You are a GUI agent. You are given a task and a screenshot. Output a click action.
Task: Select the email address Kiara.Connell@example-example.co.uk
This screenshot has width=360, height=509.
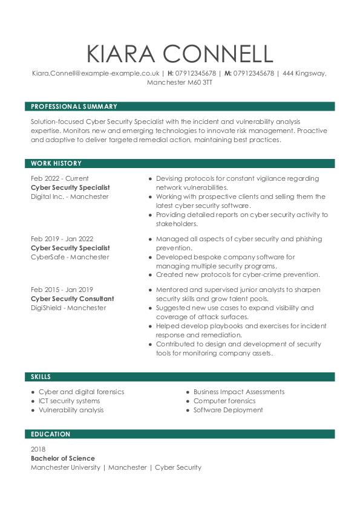96,73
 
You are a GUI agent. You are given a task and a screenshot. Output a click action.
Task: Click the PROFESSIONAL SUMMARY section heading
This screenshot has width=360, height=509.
74,106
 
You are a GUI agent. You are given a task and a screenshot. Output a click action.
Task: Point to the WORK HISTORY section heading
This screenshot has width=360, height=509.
56,163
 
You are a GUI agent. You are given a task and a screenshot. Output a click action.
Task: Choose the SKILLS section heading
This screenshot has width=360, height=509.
41,377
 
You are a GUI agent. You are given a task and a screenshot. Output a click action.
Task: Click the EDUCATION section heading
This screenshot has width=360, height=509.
51,434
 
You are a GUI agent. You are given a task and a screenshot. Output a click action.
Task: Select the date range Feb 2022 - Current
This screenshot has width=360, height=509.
59,178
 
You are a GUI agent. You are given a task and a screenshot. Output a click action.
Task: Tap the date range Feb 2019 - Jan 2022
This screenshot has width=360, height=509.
62,239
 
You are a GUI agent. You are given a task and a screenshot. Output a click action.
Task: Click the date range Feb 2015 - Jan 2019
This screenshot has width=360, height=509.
62,290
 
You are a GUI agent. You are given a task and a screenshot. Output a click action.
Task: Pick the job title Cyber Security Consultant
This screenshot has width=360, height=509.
72,299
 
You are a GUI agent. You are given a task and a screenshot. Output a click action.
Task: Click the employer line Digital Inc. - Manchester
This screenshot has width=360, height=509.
70,196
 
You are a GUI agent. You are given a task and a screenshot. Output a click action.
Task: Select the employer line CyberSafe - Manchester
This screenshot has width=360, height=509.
70,257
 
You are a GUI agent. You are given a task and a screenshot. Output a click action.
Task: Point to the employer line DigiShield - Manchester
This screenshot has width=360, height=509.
68,308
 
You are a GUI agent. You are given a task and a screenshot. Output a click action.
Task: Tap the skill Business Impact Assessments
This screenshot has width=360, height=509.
238,392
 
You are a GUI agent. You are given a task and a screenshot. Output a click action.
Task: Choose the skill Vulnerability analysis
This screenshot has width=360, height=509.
71,410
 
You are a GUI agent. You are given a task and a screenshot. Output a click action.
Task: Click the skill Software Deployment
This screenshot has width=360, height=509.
228,410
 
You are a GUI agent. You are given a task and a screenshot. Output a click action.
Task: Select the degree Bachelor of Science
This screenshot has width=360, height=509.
62,458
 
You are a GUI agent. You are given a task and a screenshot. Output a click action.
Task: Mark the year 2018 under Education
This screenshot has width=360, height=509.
38,449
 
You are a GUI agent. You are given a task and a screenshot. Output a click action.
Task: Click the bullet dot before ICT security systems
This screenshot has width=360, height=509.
33,401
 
